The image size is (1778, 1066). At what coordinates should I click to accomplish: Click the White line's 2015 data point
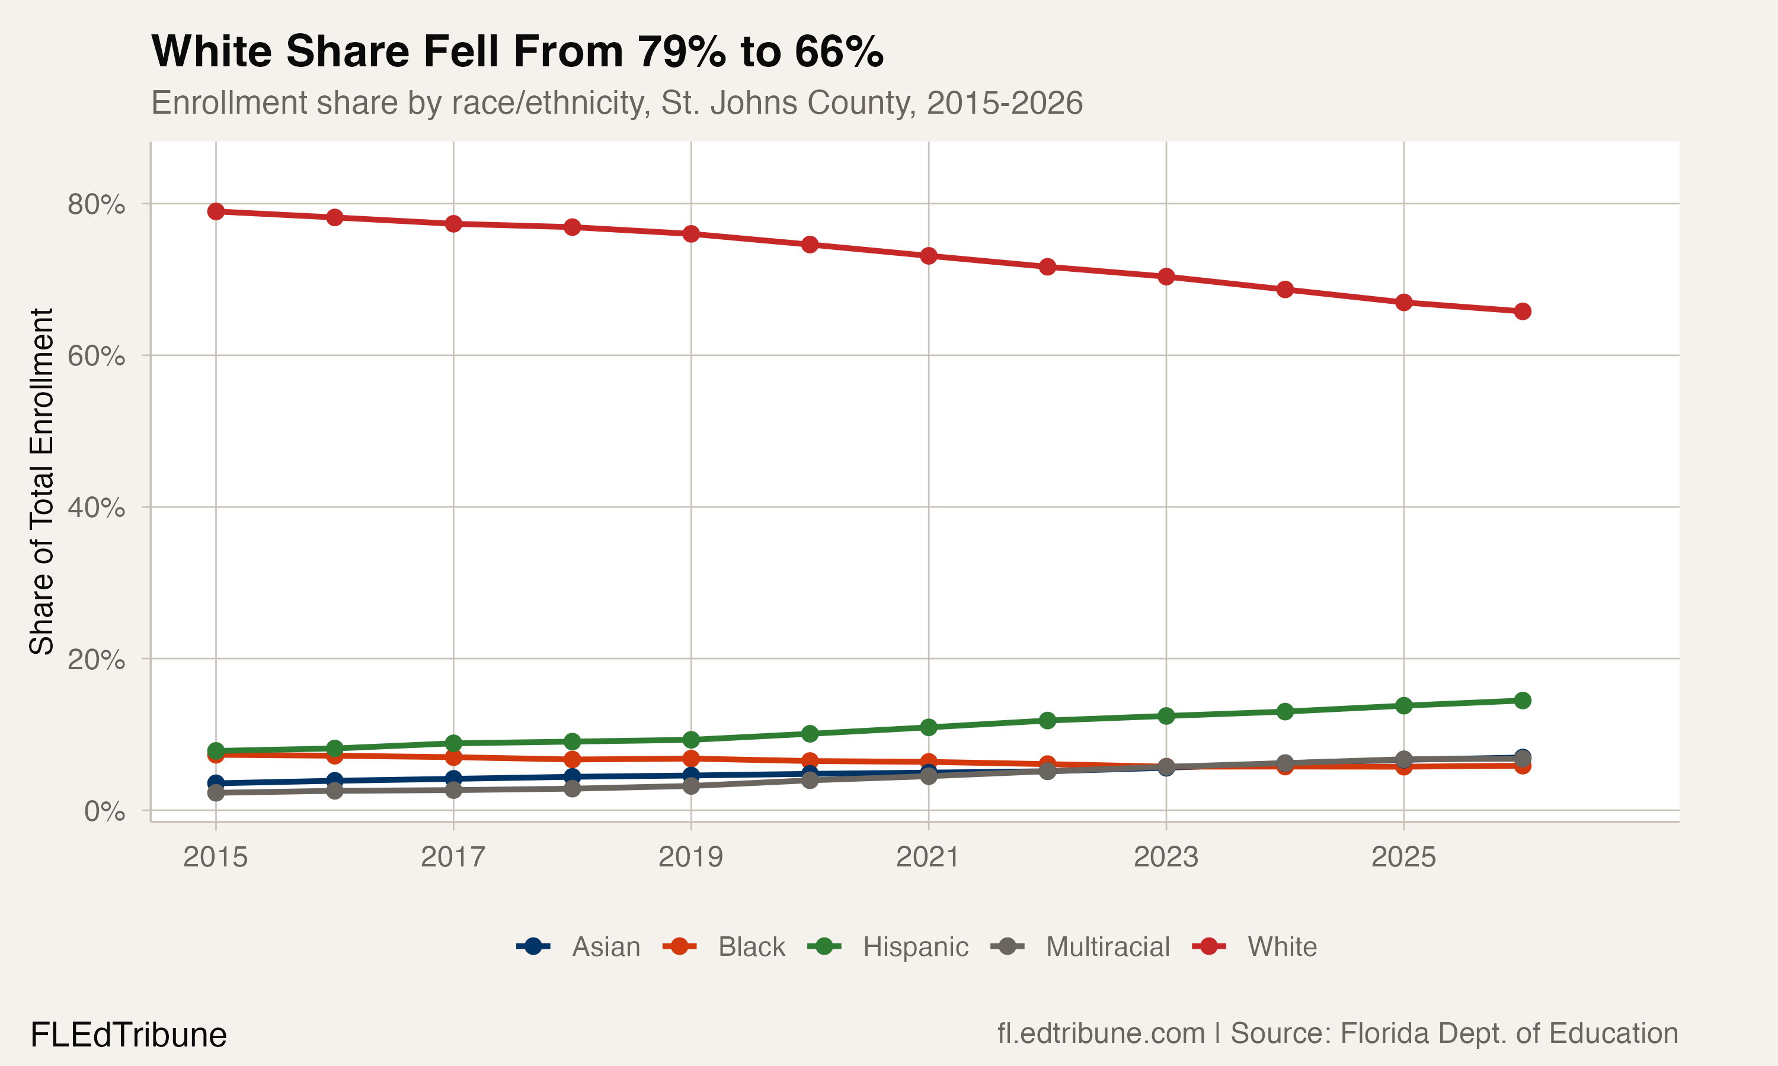click(216, 211)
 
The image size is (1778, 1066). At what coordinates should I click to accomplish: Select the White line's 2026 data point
click(1522, 311)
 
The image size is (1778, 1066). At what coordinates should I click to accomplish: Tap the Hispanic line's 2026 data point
click(1522, 701)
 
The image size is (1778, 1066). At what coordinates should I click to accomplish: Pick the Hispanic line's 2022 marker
click(1047, 721)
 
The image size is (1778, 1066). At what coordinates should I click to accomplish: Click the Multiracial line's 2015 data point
click(216, 792)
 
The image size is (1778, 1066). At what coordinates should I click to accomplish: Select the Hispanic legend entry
click(888, 947)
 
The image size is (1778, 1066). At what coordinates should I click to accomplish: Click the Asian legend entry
click(578, 947)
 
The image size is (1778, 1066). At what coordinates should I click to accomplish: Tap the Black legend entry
click(724, 947)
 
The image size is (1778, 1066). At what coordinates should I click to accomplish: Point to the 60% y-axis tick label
click(96, 355)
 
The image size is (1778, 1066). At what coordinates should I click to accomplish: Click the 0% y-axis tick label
click(104, 811)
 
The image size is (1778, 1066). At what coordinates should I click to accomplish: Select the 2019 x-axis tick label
click(690, 857)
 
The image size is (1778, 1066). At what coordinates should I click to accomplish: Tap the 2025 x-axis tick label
click(1403, 857)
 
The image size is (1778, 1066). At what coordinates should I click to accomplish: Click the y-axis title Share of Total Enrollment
click(41, 481)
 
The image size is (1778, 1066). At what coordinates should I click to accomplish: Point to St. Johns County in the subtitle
click(788, 102)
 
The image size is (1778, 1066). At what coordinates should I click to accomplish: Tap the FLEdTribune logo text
click(129, 1035)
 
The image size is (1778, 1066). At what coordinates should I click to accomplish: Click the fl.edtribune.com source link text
click(1101, 1033)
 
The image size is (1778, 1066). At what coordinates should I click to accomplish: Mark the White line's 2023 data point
click(1166, 277)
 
